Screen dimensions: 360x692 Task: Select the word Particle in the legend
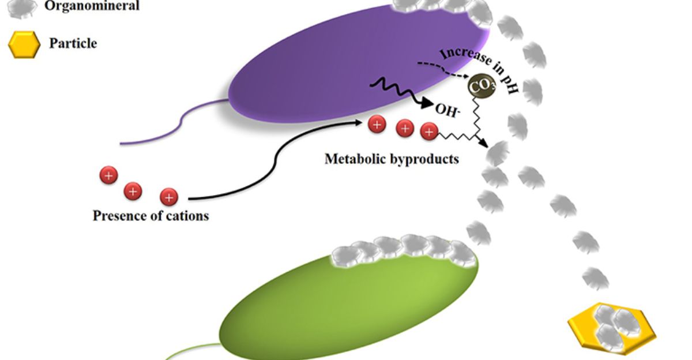(x=73, y=43)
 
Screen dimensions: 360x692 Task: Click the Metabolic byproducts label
(x=392, y=158)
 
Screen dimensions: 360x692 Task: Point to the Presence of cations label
(x=151, y=216)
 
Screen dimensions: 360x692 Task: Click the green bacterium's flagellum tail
(x=190, y=350)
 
